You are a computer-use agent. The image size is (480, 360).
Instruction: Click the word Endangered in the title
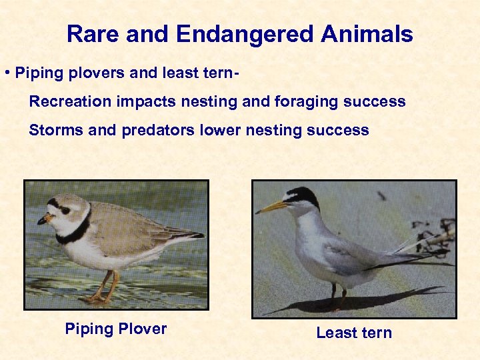tap(231, 34)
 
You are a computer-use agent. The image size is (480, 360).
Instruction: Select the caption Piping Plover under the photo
tap(115, 329)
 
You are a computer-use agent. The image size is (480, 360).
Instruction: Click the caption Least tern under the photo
tap(354, 333)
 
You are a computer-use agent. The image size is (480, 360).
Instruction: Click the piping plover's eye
tap(65, 209)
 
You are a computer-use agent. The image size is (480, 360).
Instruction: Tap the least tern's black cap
tap(304, 195)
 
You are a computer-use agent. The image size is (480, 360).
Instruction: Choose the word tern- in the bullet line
tap(215, 73)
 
